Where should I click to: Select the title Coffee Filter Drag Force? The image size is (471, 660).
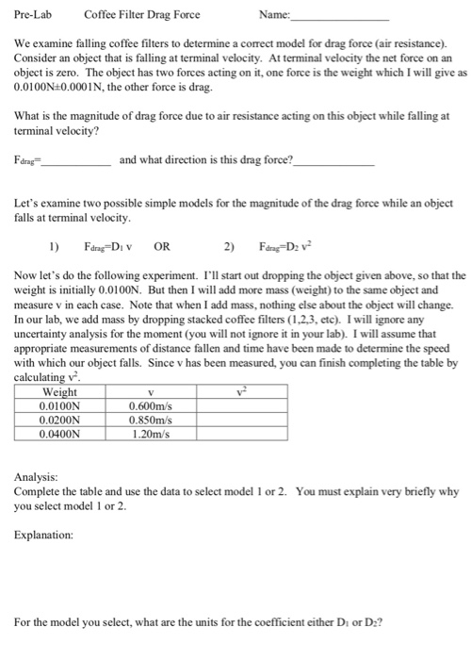(x=142, y=14)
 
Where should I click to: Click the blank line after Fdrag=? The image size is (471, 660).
(x=80, y=162)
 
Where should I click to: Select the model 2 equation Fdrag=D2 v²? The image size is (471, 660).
(x=297, y=250)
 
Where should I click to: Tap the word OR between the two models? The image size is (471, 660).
(x=162, y=250)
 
